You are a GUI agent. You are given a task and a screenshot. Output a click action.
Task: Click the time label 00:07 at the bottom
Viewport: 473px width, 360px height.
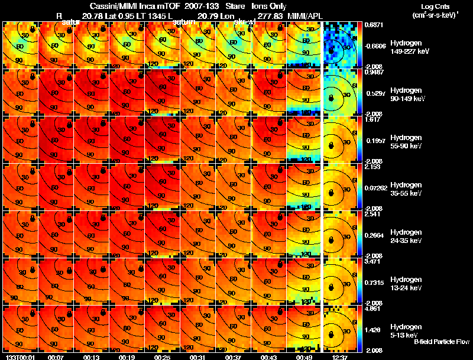[56, 357]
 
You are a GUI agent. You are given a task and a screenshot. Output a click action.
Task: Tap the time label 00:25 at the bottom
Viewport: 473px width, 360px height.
[127, 357]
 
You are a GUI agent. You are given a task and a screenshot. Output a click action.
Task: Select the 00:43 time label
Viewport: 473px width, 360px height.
[269, 357]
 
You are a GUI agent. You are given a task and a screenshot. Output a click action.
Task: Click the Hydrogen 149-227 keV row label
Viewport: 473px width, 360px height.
[409, 47]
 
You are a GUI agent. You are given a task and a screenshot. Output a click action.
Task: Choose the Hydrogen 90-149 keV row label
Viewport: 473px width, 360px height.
[409, 95]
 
